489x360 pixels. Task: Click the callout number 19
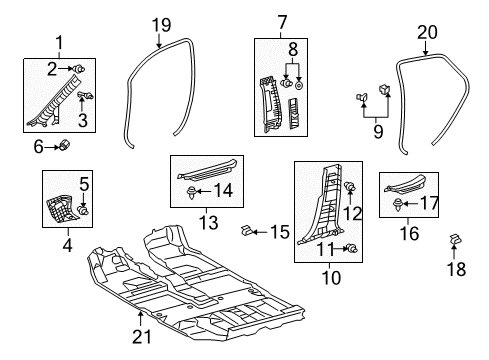162,25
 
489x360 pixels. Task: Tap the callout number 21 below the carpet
142,337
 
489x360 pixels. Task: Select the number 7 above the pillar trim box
282,23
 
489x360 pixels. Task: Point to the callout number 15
280,232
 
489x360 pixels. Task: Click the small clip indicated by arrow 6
64,145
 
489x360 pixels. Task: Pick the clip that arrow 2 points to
79,69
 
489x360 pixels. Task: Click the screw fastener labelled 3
86,96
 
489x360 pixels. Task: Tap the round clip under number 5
83,210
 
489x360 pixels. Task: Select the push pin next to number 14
191,193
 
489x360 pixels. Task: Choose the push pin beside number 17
397,204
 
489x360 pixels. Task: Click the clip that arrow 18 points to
455,239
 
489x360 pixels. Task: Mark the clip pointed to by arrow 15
246,230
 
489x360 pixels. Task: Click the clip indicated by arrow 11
352,248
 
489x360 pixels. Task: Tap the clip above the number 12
349,187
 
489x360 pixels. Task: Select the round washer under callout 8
299,85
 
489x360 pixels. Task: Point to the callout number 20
427,33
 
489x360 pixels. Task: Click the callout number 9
378,131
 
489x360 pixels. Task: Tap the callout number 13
209,222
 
